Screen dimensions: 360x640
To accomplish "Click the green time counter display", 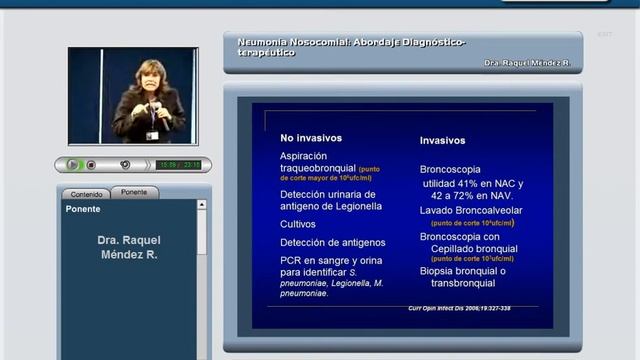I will [180, 165].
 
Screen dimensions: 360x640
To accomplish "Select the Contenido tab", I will [86, 194].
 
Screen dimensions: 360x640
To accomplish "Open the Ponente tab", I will [134, 192].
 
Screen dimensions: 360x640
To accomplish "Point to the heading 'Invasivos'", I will [442, 141].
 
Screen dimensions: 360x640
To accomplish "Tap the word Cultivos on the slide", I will [298, 224].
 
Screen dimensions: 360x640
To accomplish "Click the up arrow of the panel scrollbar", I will [202, 205].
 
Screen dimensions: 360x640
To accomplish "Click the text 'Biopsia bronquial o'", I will [463, 270].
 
